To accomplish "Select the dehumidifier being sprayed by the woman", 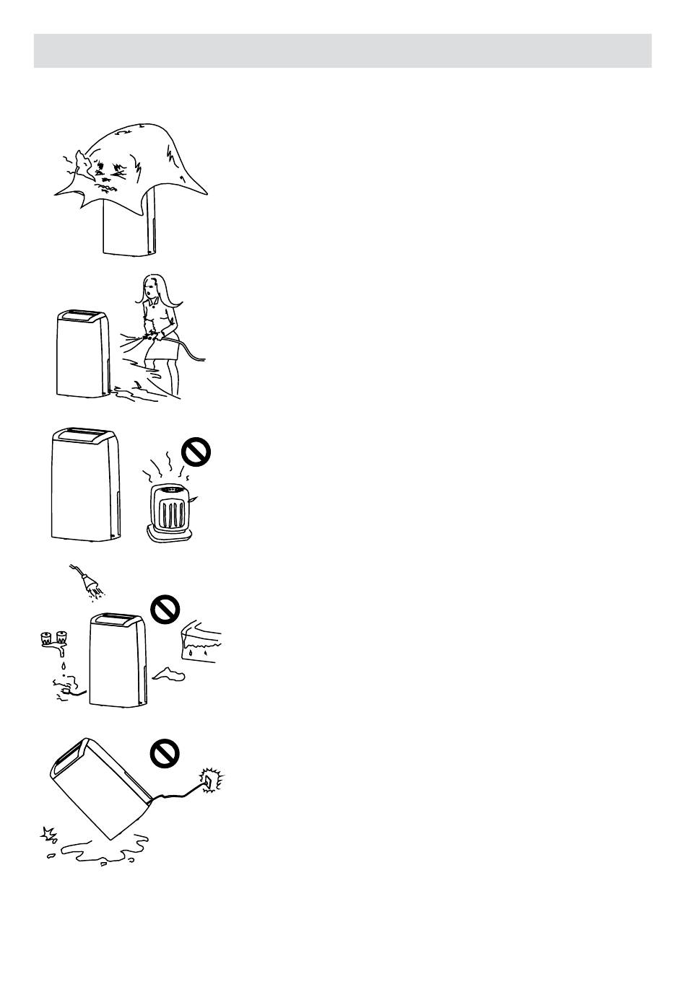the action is coord(82,353).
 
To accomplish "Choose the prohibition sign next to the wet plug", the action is coord(165,610).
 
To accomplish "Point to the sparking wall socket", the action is coord(211,780).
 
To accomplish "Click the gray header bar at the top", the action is coord(342,50).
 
